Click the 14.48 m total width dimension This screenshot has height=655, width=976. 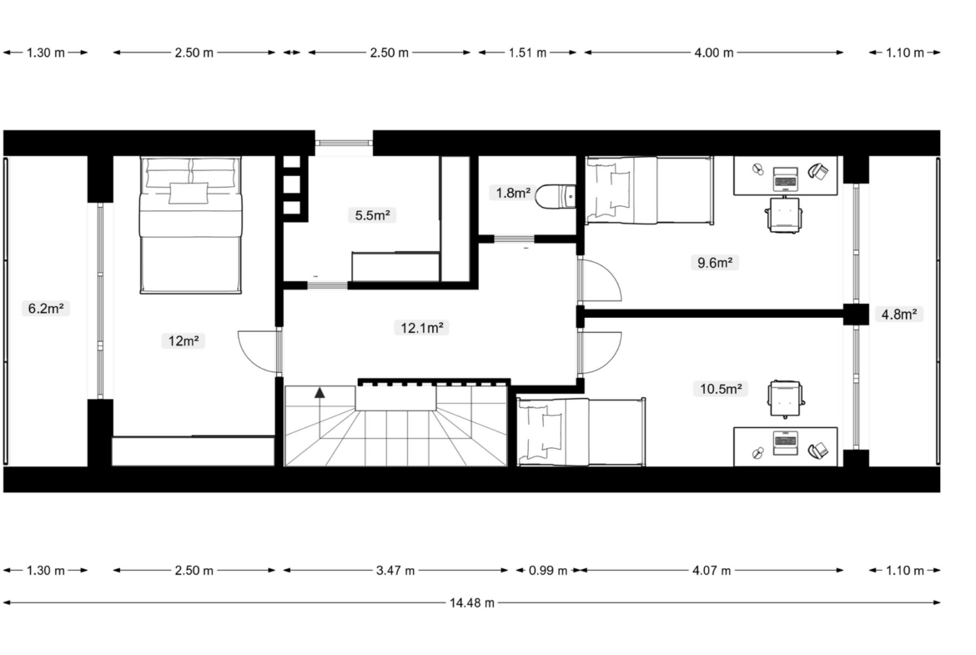click(472, 602)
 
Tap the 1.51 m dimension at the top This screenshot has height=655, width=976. click(527, 53)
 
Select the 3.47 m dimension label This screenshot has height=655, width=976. click(395, 571)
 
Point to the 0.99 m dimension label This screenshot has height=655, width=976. click(548, 571)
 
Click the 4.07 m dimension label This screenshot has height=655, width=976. click(712, 571)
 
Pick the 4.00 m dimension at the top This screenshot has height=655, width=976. click(714, 53)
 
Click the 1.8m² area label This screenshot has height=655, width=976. click(513, 193)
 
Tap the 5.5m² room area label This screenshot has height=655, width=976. click(372, 215)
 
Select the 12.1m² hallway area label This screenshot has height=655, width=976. click(421, 327)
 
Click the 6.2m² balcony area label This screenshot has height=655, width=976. click(46, 308)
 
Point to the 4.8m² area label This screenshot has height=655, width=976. click(898, 315)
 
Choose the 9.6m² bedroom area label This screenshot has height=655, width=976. click(714, 263)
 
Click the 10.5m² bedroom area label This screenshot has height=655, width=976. click(720, 389)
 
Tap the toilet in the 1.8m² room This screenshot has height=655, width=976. click(556, 196)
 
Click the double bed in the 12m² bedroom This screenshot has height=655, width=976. click(190, 224)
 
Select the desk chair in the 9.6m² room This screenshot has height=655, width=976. click(785, 214)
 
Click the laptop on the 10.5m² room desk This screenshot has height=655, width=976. click(786, 443)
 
